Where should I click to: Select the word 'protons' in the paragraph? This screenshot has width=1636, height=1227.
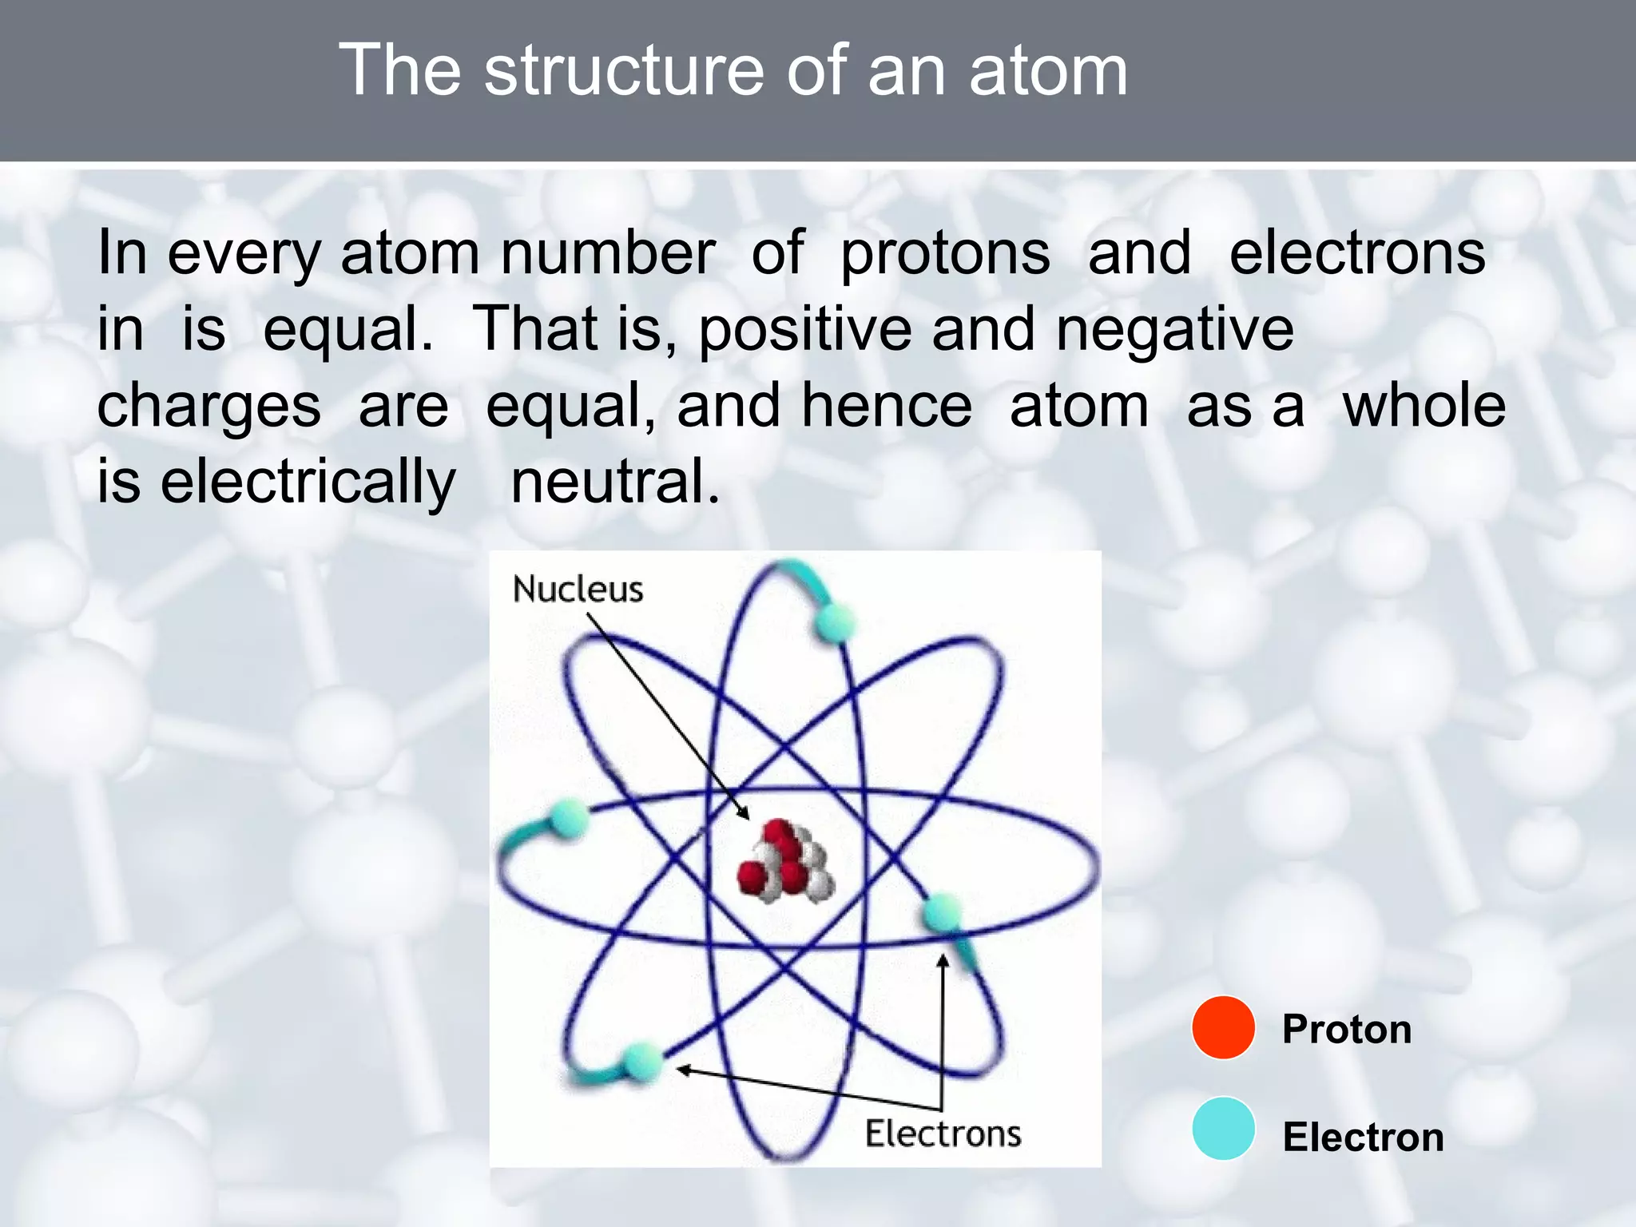(945, 254)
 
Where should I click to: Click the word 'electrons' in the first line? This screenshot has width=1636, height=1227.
(1356, 254)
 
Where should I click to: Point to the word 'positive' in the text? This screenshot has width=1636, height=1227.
(805, 330)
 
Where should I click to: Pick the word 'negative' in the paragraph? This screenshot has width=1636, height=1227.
(1174, 330)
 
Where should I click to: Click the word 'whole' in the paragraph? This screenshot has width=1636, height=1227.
(1424, 406)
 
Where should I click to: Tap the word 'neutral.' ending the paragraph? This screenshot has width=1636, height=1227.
(615, 482)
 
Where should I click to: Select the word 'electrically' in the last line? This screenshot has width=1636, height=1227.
(308, 482)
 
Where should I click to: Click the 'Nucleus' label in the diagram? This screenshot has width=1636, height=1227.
(578, 590)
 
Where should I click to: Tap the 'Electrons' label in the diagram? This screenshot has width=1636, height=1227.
(943, 1134)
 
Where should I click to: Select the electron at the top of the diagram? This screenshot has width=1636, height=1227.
(834, 622)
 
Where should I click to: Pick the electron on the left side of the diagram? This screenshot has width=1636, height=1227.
(569, 819)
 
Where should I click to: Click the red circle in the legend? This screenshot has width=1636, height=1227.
(1223, 1028)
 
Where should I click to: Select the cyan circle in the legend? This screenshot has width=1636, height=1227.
(1223, 1129)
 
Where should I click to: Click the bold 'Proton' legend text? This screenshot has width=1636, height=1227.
(1347, 1029)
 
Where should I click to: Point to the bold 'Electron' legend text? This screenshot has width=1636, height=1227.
(1363, 1137)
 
